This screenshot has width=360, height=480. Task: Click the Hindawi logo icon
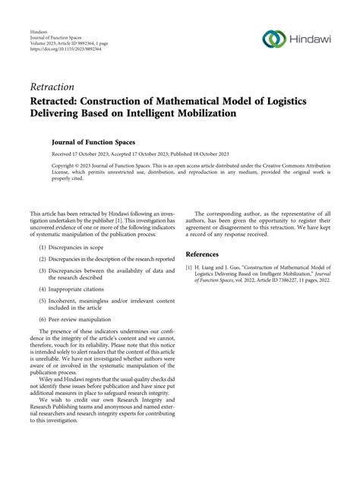tap(273, 39)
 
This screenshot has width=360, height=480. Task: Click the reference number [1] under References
tap(191, 268)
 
